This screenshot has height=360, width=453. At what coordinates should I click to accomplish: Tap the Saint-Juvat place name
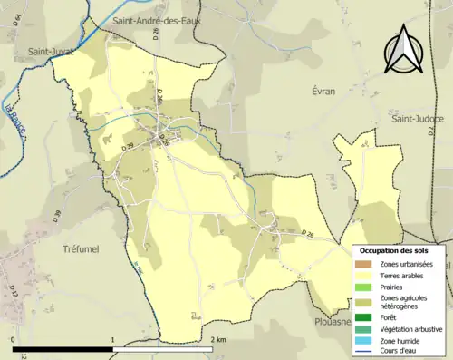[47, 51]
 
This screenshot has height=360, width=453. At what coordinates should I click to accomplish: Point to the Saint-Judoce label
[416, 119]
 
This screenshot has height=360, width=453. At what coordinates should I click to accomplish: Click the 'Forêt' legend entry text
[392, 317]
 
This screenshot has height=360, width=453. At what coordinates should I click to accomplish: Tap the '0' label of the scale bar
[14, 339]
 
